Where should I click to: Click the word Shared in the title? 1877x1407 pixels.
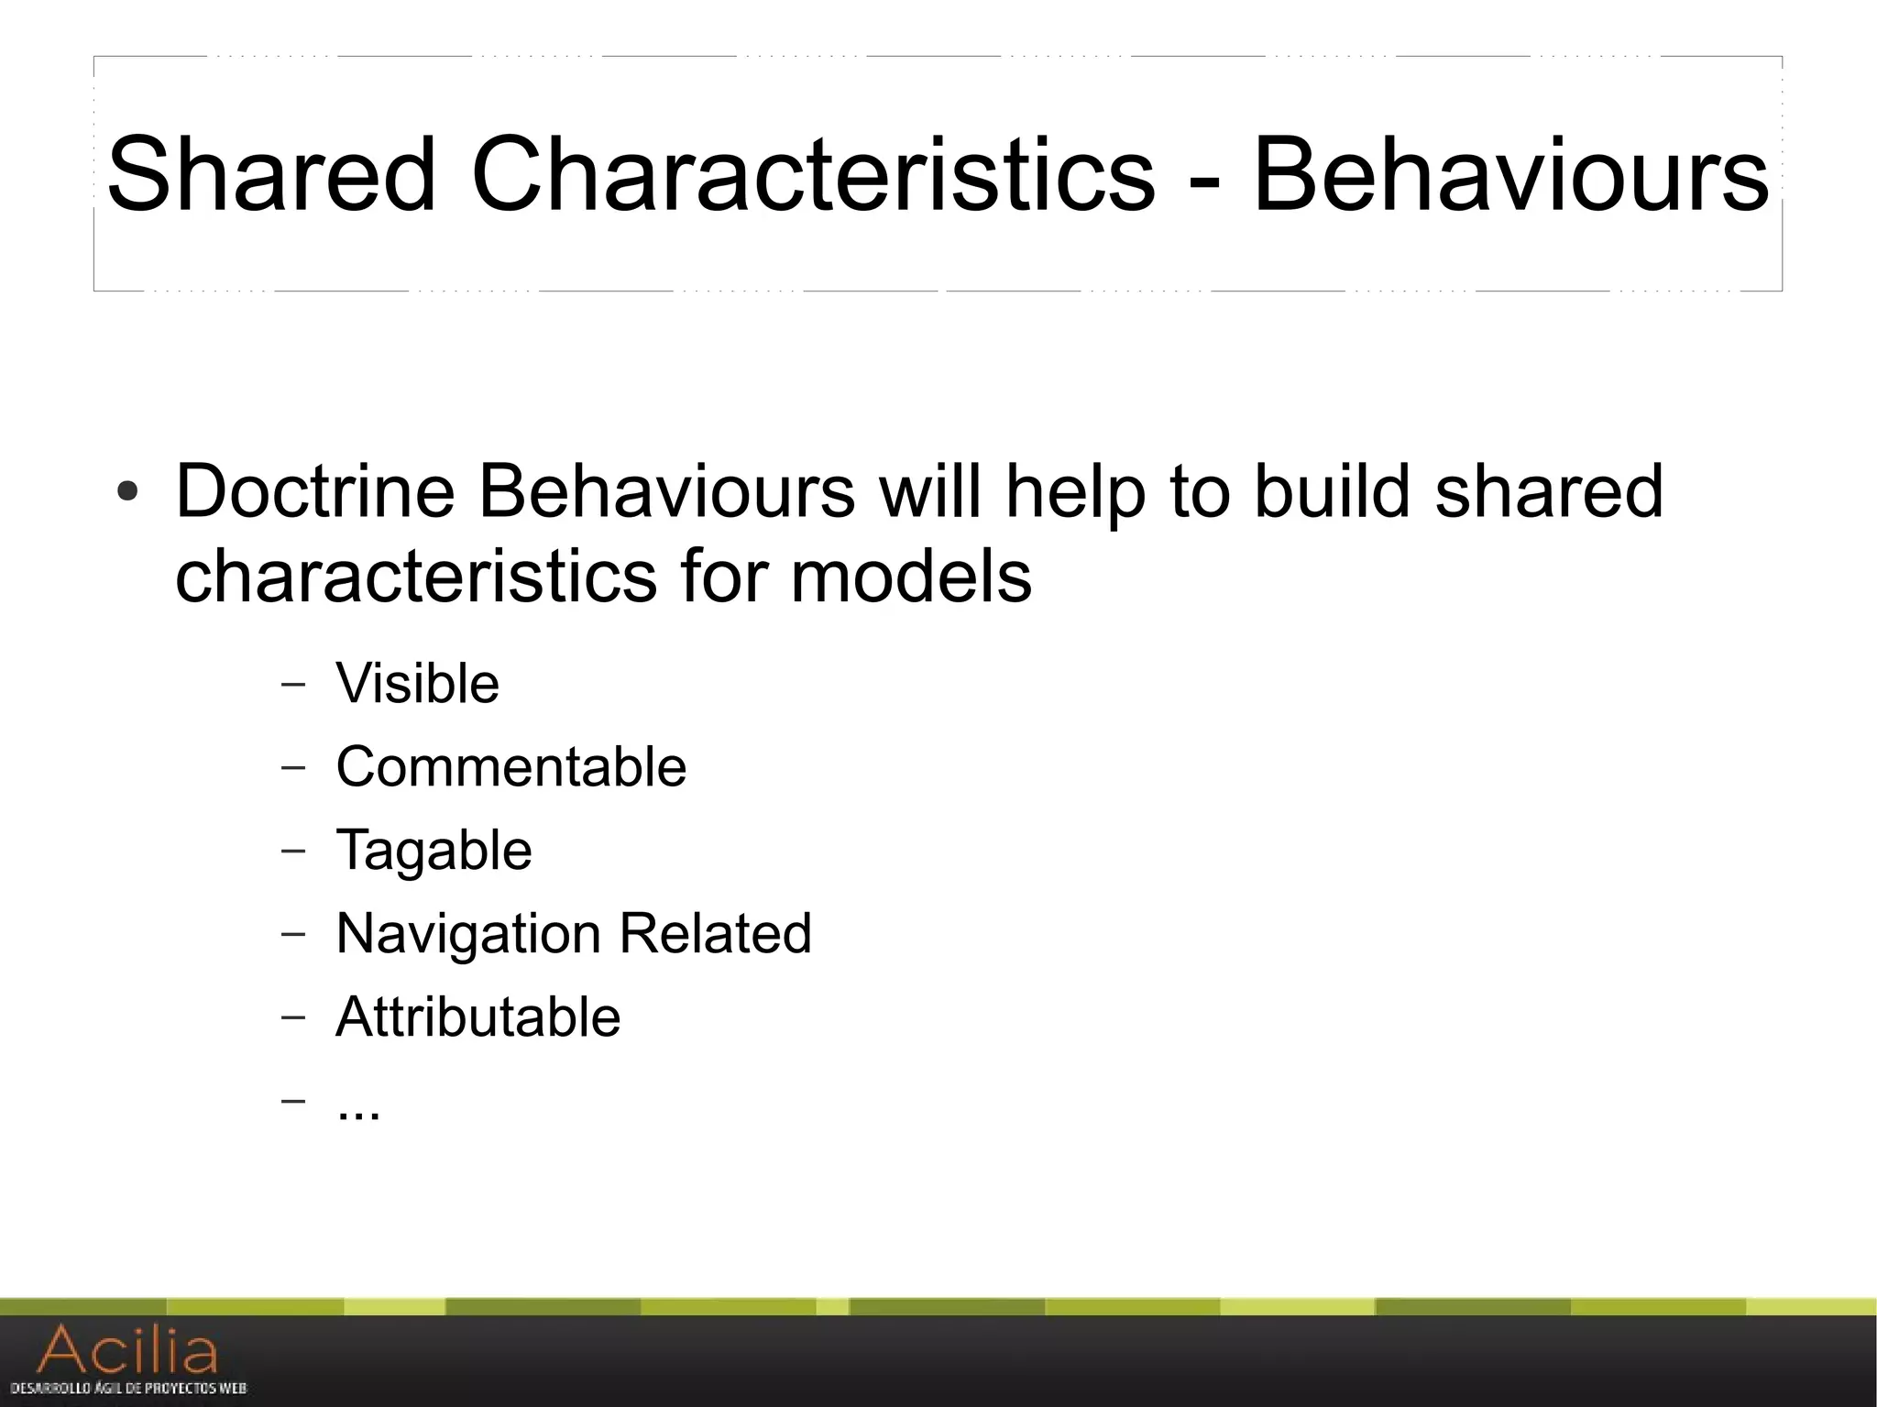click(271, 174)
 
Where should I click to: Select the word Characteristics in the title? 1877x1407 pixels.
click(813, 174)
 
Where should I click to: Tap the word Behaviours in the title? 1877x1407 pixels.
click(1510, 174)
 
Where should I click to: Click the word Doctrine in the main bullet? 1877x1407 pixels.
click(314, 491)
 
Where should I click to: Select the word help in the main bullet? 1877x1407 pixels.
click(1075, 491)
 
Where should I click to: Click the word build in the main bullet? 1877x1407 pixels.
click(1331, 491)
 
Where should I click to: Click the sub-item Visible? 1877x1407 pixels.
click(417, 683)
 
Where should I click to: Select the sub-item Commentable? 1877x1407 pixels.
click(510, 766)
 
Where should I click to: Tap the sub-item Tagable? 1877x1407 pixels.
click(434, 850)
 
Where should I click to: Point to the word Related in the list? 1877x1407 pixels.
click(715, 933)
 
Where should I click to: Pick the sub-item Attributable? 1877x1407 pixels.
click(477, 1017)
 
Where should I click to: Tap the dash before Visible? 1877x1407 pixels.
click(292, 683)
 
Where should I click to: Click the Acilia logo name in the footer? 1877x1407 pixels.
click(127, 1349)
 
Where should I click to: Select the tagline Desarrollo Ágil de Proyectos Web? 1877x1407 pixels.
click(128, 1389)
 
